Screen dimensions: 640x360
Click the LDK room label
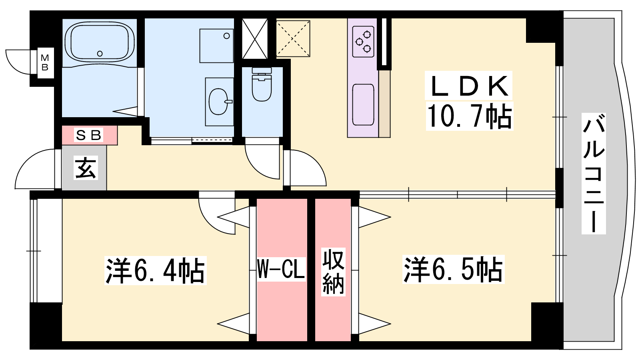click(x=468, y=86)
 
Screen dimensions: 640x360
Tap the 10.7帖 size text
click(x=470, y=116)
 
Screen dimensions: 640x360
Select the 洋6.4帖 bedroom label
click(x=156, y=270)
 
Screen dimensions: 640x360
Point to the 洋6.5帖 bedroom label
click(x=453, y=270)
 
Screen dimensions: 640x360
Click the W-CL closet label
click(x=281, y=269)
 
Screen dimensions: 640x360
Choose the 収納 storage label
click(x=333, y=272)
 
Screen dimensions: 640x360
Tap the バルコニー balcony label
click(x=594, y=174)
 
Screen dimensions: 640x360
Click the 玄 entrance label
click(x=86, y=168)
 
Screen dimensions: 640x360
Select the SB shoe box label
click(x=88, y=135)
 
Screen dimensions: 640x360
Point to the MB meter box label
click(x=45, y=63)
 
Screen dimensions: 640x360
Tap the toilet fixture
click(x=262, y=84)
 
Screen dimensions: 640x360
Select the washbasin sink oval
click(x=219, y=102)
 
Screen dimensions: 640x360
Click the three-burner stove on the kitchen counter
click(x=363, y=42)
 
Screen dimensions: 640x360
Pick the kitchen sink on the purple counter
click(x=363, y=104)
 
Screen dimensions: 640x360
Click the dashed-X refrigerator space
click(x=293, y=38)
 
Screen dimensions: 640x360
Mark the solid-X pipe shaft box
click(x=255, y=38)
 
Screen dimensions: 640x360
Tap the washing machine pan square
click(x=216, y=46)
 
